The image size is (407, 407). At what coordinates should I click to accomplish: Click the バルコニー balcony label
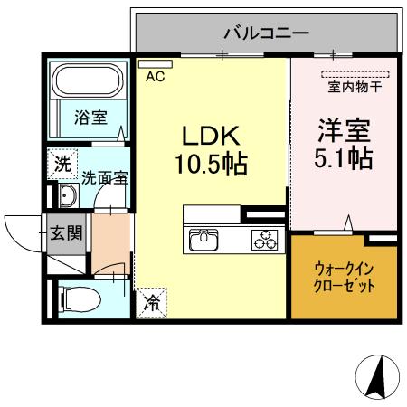[x=267, y=33]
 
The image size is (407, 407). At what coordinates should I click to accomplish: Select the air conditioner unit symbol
[x=148, y=63]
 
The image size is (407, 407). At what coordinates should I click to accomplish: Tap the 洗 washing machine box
[x=61, y=165]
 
